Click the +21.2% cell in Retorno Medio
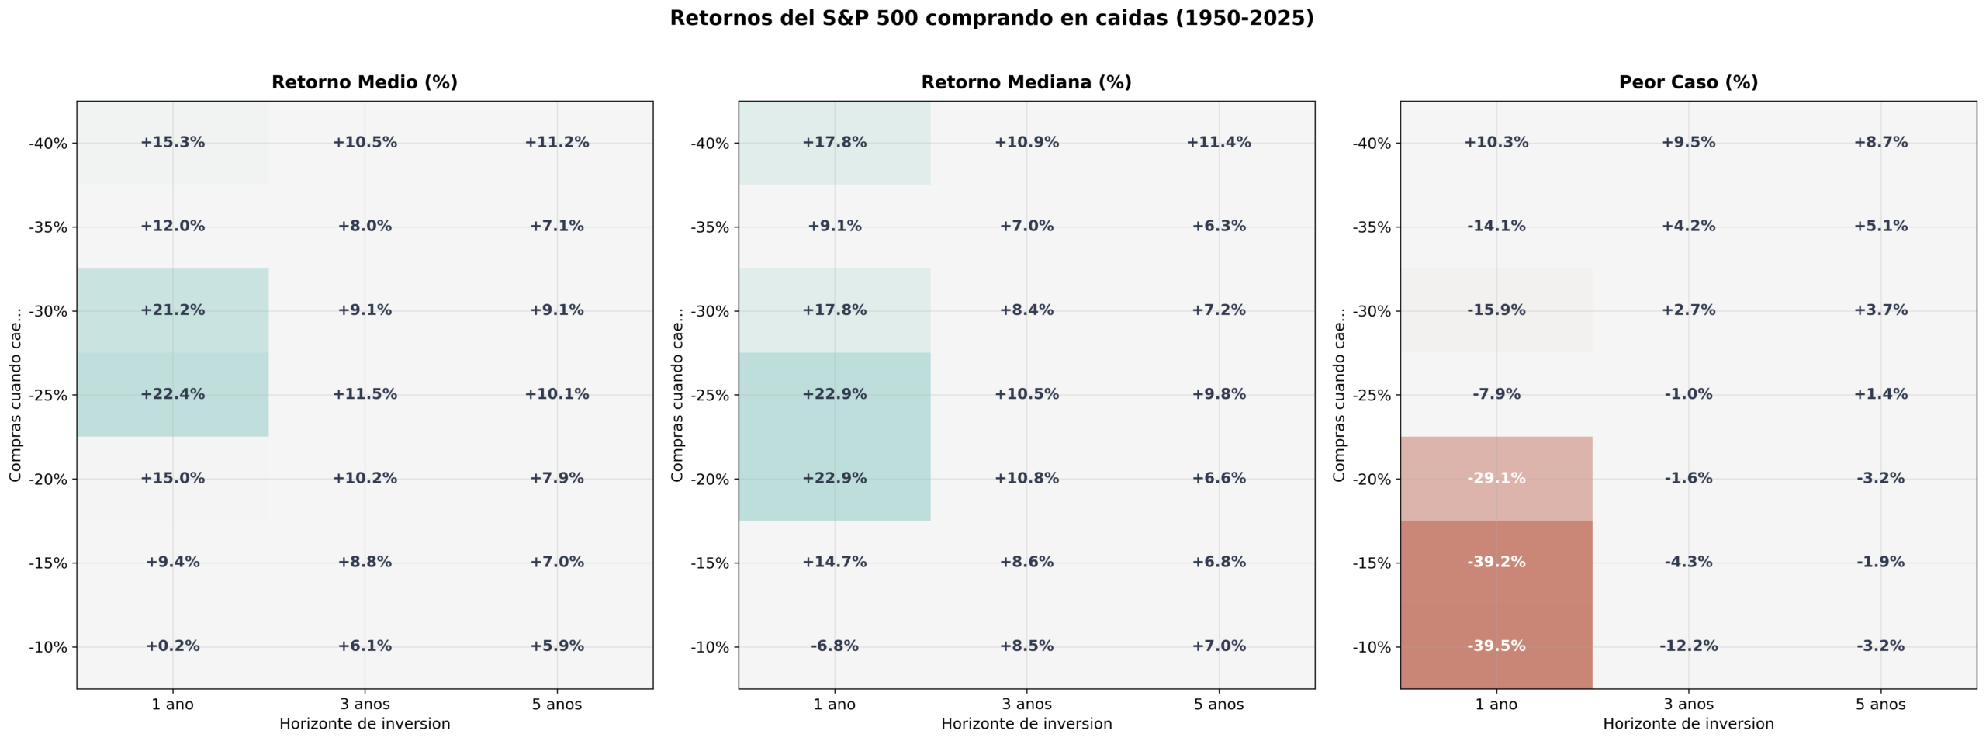pyautogui.click(x=172, y=310)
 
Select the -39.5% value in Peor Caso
pyautogui.click(x=1496, y=646)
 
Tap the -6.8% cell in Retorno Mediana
pyautogui.click(x=834, y=646)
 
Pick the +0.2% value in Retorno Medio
pyautogui.click(x=172, y=646)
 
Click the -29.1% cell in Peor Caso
pyautogui.click(x=1496, y=478)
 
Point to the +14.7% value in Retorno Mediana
pyautogui.click(x=834, y=562)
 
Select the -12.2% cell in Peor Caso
pyautogui.click(x=1688, y=646)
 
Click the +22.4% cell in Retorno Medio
pyautogui.click(x=172, y=394)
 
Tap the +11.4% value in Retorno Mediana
pyautogui.click(x=1218, y=142)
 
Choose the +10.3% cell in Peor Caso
pyautogui.click(x=1496, y=142)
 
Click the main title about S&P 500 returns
pyautogui.click(x=991, y=18)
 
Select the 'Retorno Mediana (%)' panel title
pyautogui.click(x=1026, y=82)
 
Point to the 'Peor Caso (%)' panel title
pyautogui.click(x=1688, y=82)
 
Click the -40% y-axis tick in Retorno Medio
pyautogui.click(x=48, y=144)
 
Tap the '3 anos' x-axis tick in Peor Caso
pyautogui.click(x=1688, y=705)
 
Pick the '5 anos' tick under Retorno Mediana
pyautogui.click(x=1218, y=705)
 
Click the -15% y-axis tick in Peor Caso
pyautogui.click(x=1372, y=563)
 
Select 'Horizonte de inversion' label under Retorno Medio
pyautogui.click(x=365, y=724)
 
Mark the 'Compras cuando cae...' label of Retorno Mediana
pyautogui.click(x=677, y=394)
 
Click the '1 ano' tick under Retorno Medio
pyautogui.click(x=172, y=705)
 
